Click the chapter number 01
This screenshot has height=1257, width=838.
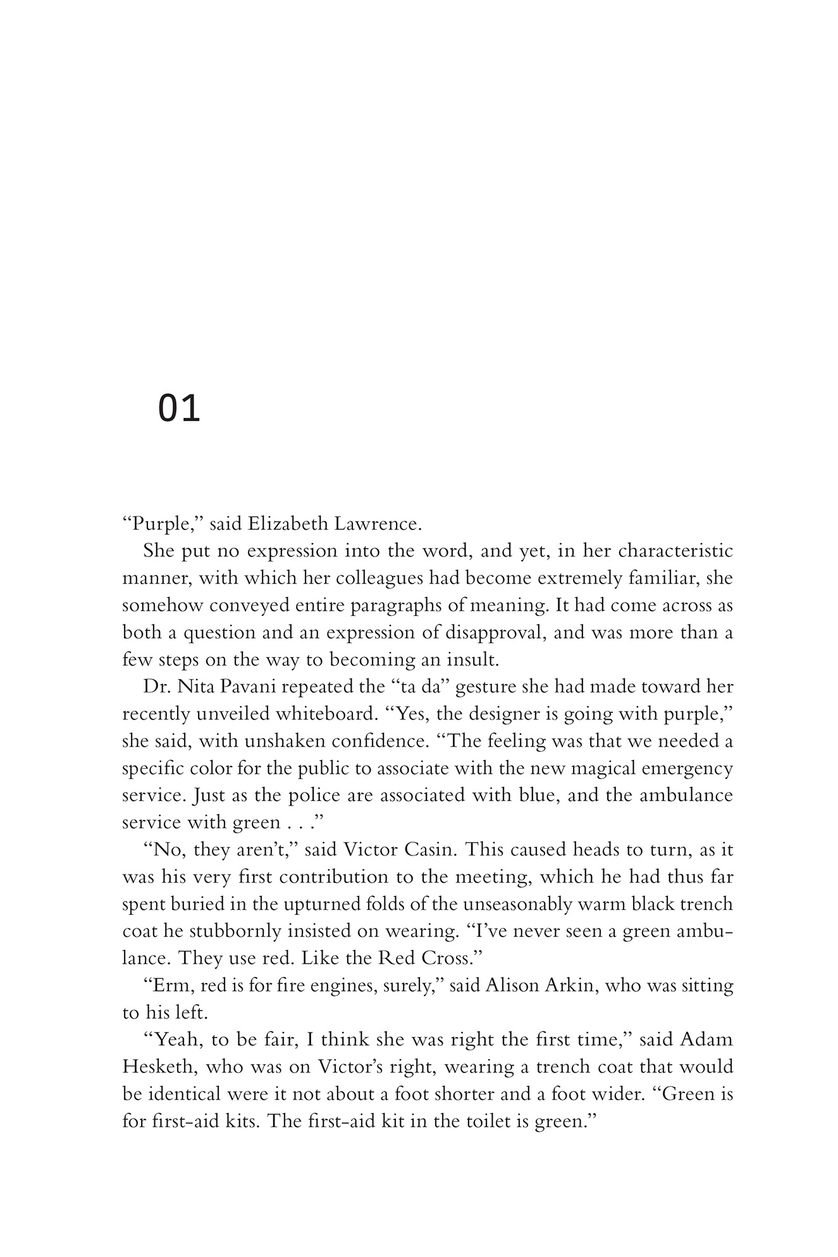pos(179,409)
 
